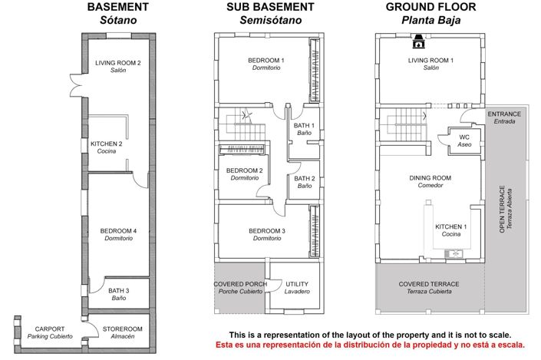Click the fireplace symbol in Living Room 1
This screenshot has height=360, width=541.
[418, 41]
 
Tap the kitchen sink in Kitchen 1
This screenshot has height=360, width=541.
[454, 254]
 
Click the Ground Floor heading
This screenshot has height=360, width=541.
[431, 7]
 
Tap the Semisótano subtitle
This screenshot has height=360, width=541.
[271, 20]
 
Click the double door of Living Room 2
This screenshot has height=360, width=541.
[77, 85]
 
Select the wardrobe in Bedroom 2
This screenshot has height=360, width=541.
[242, 150]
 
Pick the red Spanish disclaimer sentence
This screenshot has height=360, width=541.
[370, 345]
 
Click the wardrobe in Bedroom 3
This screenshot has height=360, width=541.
[315, 231]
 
